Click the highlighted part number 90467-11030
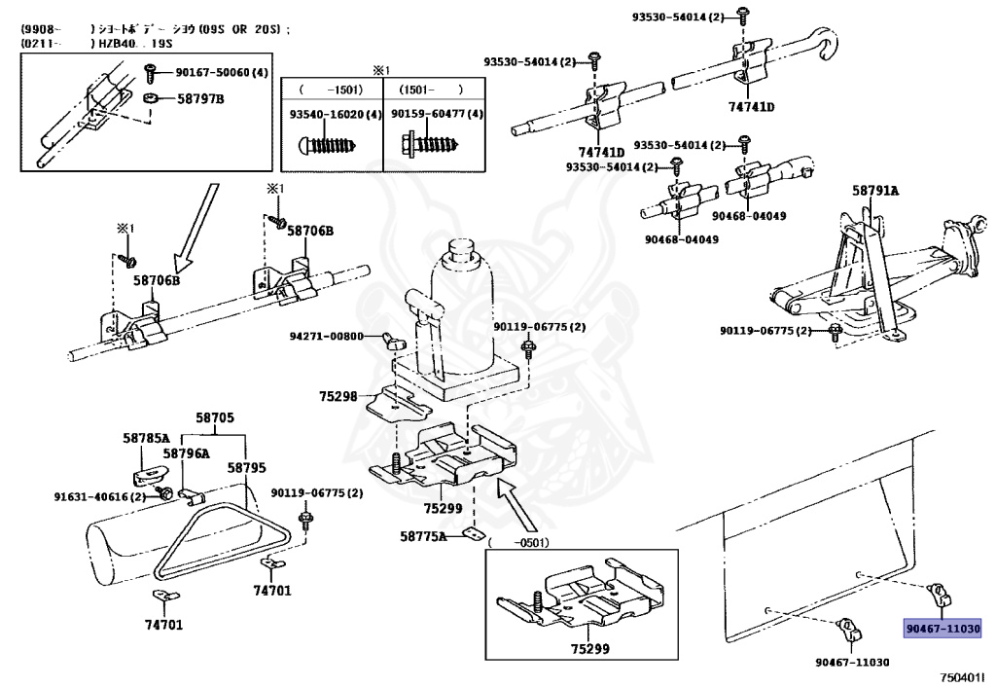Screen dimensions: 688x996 point(943,628)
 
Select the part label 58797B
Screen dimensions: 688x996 point(200,98)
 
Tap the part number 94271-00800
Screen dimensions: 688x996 point(327,337)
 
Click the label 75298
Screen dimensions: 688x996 point(338,396)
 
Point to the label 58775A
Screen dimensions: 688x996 point(423,535)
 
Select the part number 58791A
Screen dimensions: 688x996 point(875,191)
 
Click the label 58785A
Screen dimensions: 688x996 point(146,438)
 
